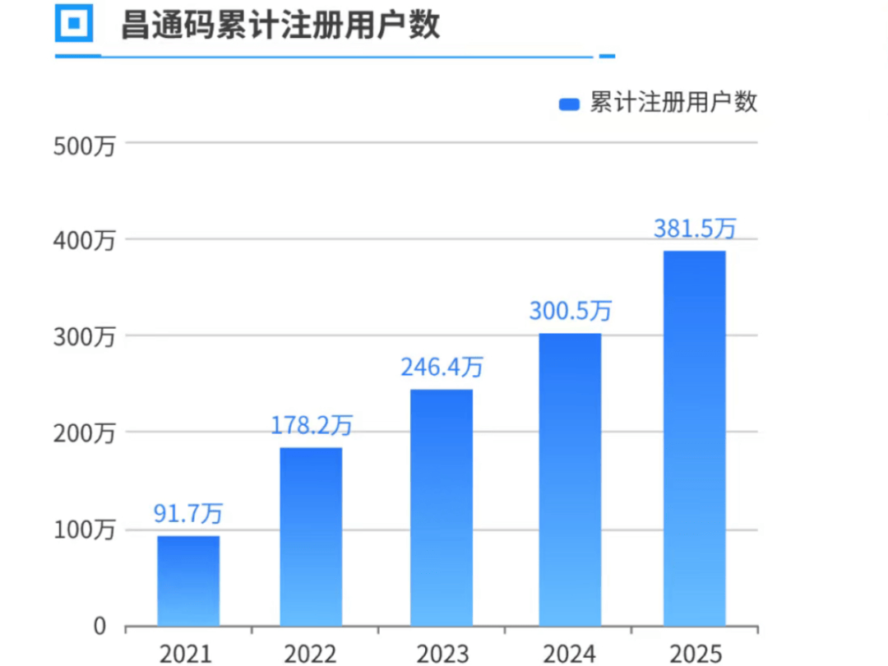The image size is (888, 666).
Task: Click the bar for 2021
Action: click(x=188, y=581)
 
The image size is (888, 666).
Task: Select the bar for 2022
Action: click(x=311, y=537)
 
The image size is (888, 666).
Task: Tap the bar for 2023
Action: click(x=442, y=507)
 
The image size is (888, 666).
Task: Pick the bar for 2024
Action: click(x=570, y=479)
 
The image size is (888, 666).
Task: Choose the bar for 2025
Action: click(x=695, y=438)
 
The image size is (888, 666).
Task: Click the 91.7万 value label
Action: click(x=188, y=514)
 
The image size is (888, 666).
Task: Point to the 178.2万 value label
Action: click(x=312, y=425)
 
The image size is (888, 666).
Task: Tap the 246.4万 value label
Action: click(x=442, y=367)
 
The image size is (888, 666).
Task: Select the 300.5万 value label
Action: click(x=570, y=311)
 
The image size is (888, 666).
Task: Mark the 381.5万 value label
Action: click(x=695, y=229)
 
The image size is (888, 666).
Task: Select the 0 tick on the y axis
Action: click(x=99, y=627)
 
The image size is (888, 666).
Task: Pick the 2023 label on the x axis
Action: click(x=442, y=654)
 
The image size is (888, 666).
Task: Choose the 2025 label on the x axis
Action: click(x=695, y=654)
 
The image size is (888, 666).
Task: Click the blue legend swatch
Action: click(x=570, y=104)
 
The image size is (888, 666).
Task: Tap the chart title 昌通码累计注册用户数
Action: click(x=280, y=25)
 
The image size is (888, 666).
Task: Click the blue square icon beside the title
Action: click(x=74, y=23)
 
